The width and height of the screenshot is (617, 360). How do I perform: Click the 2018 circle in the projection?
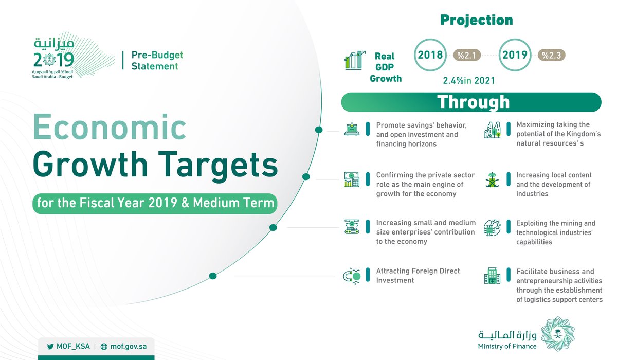(x=430, y=55)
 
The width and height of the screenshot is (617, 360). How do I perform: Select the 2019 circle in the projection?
(x=515, y=55)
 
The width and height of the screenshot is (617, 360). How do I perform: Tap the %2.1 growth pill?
(x=468, y=55)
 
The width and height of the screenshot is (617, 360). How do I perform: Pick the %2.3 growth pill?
(x=552, y=55)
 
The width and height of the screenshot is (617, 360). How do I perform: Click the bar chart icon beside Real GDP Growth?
(x=355, y=60)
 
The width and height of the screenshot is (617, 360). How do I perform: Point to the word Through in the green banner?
(x=473, y=102)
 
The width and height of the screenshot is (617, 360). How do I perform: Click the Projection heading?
(x=476, y=20)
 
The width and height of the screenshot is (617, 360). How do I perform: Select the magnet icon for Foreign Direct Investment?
(x=352, y=276)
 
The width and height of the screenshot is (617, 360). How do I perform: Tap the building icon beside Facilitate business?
(x=492, y=276)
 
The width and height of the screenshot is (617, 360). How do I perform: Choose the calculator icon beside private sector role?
(x=352, y=179)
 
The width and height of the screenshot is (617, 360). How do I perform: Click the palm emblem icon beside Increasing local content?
(x=492, y=179)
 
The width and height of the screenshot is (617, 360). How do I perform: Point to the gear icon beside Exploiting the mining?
(x=492, y=228)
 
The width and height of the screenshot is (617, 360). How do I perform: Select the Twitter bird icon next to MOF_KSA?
(x=50, y=347)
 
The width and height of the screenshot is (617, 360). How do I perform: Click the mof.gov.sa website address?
(x=128, y=347)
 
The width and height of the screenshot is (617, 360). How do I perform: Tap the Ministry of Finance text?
(x=507, y=346)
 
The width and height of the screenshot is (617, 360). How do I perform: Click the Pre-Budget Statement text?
(x=157, y=61)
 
